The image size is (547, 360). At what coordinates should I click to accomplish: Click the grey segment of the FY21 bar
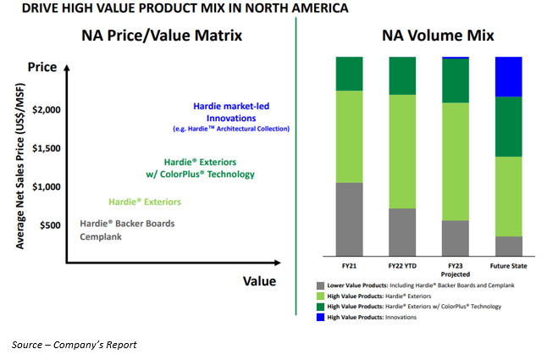350,219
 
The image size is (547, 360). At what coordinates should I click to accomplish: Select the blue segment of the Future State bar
509,77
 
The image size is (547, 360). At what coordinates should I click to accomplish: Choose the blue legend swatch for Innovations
321,317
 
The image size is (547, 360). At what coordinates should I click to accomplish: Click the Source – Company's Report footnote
74,345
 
